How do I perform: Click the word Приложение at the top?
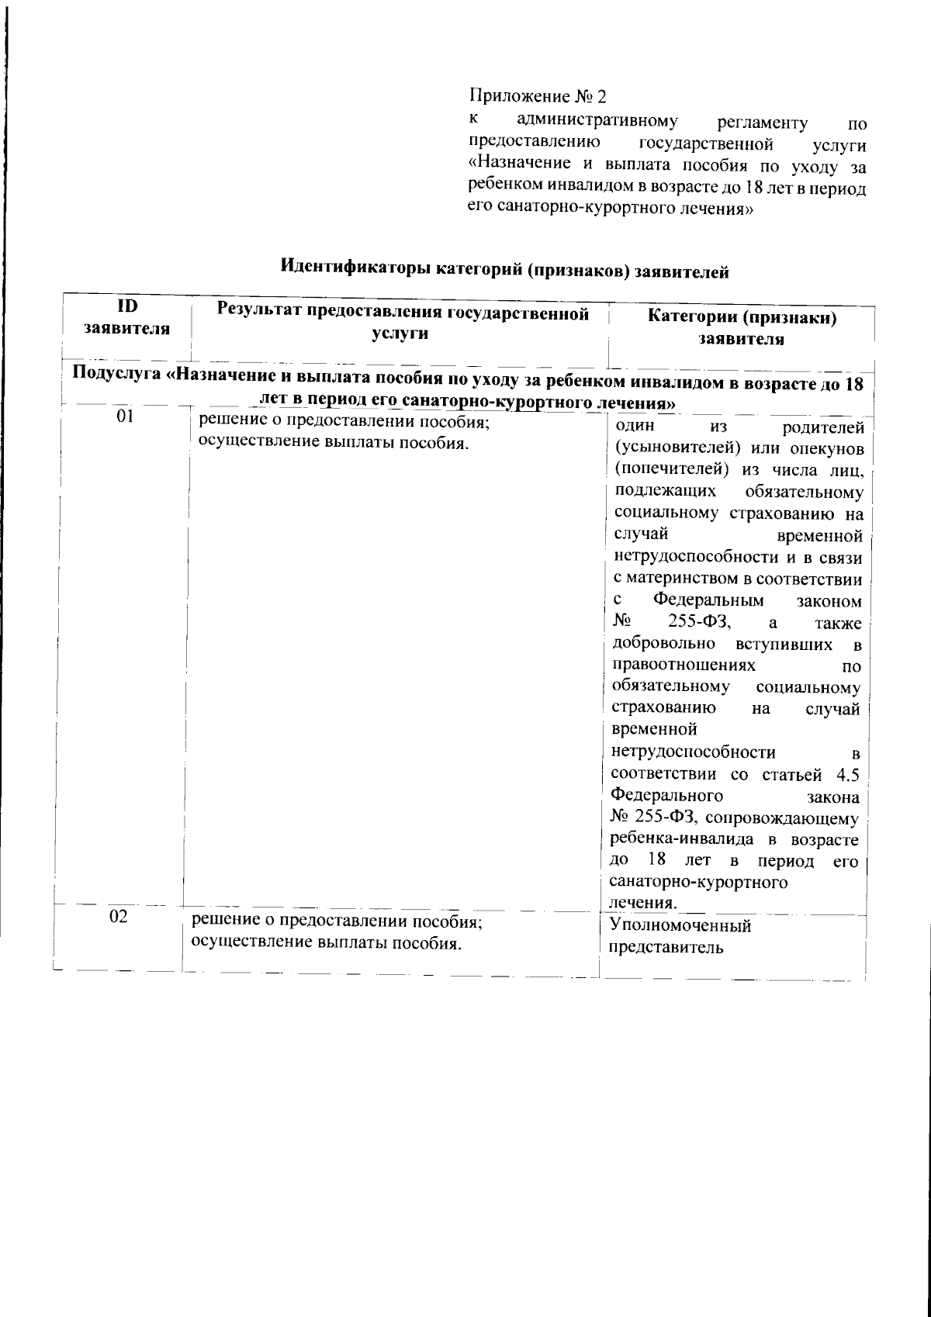pos(519,97)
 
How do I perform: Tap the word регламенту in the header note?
pos(763,123)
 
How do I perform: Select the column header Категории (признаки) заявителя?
pos(742,327)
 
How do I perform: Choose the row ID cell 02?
pos(118,916)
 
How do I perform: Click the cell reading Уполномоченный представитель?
pos(680,935)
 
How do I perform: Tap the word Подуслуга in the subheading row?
pos(117,375)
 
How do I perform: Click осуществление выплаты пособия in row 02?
pos(326,943)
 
